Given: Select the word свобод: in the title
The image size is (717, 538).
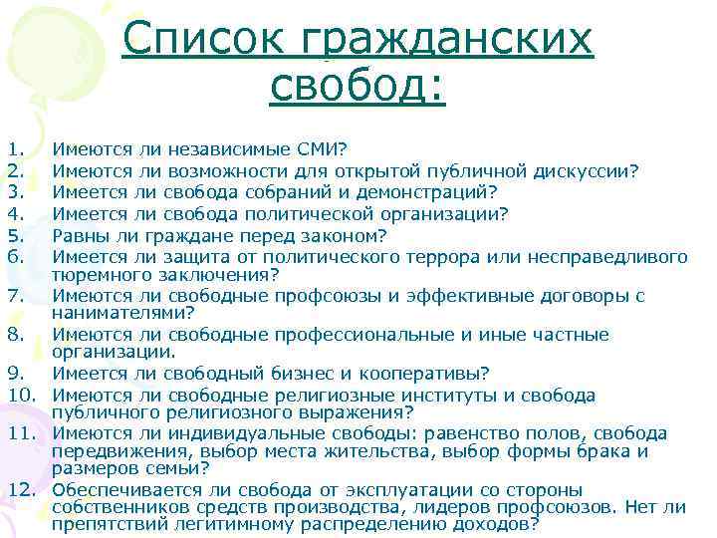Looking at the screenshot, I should pyautogui.click(x=358, y=87).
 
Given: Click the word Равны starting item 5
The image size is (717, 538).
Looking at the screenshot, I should pyautogui.click(x=82, y=235).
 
